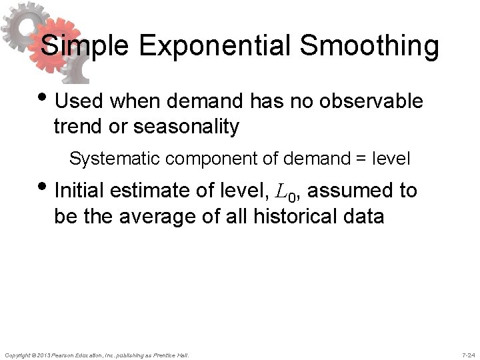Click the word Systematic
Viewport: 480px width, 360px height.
click(x=109, y=159)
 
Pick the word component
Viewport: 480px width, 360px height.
click(x=198, y=159)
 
